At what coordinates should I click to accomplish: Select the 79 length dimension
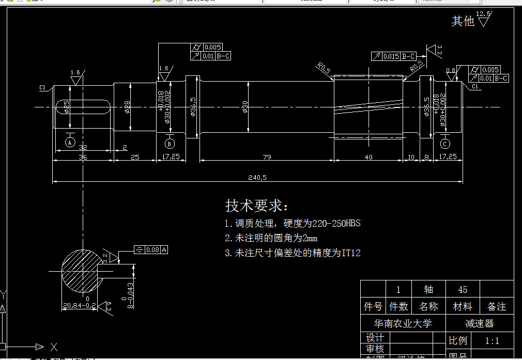click(x=267, y=156)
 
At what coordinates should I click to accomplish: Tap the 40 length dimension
click(x=369, y=156)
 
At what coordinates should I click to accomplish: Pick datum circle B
click(x=170, y=143)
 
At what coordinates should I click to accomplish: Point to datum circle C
click(x=445, y=143)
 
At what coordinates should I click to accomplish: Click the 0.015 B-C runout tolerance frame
click(x=394, y=56)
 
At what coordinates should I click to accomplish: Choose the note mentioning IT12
click(x=293, y=253)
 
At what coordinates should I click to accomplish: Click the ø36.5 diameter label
click(x=193, y=107)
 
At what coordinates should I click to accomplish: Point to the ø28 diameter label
click(x=127, y=107)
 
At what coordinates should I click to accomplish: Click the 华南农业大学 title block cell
click(x=403, y=323)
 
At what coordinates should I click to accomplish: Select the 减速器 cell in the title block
click(x=480, y=323)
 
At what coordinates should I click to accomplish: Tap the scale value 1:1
click(x=492, y=341)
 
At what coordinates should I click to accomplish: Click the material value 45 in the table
click(x=463, y=289)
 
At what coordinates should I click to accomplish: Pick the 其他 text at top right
click(x=463, y=21)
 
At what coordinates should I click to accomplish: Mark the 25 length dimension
click(x=135, y=156)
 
